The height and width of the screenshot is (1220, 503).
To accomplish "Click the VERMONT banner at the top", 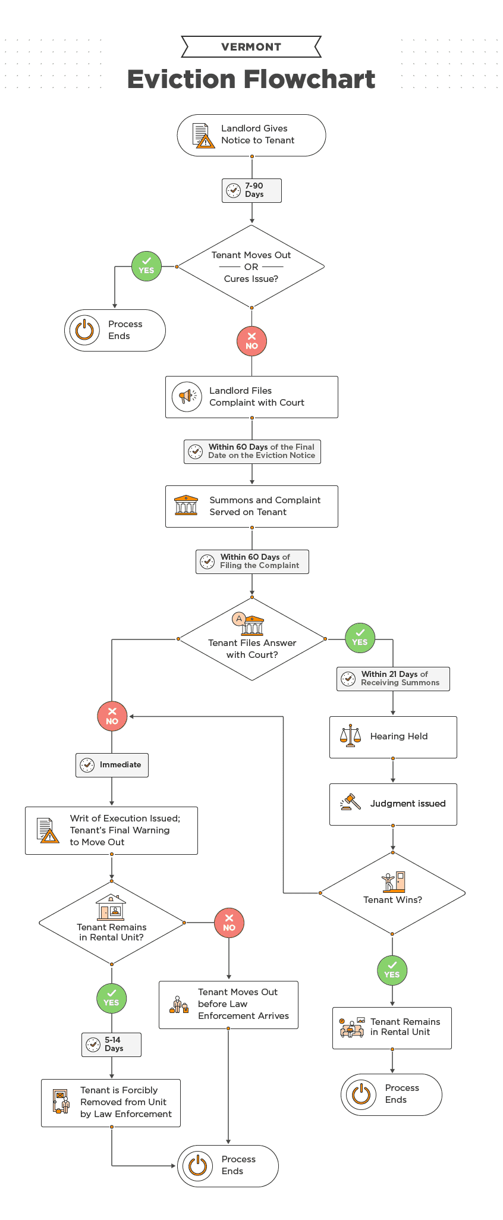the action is point(251,46).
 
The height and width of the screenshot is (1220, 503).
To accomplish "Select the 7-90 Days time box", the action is point(251,190).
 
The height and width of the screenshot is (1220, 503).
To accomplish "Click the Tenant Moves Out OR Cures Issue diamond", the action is point(251,266).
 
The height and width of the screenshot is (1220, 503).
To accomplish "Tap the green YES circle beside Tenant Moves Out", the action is point(146,266).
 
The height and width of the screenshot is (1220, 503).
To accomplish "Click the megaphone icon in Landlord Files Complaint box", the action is point(187,396).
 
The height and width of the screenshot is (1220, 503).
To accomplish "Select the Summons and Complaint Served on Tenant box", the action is point(251,506).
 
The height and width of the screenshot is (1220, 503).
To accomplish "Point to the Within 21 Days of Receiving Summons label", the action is point(393,679).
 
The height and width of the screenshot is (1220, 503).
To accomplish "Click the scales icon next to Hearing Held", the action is point(350,736).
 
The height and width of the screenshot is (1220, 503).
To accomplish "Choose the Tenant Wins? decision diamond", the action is point(392,893).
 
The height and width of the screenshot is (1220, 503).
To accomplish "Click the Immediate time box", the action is point(112,765).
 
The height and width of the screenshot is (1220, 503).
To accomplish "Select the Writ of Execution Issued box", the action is point(111,830).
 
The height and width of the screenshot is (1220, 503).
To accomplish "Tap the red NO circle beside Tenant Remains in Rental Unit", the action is point(229,923).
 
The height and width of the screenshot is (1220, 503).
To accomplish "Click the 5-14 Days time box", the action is point(111,1045).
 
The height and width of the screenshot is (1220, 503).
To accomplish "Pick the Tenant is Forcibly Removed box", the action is point(111,1103).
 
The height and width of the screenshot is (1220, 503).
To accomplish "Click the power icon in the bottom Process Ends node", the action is point(197,1166).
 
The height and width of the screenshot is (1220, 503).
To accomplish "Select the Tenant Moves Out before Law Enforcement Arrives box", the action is point(228,1005).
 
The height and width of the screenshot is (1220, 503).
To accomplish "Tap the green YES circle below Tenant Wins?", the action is point(392,970).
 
